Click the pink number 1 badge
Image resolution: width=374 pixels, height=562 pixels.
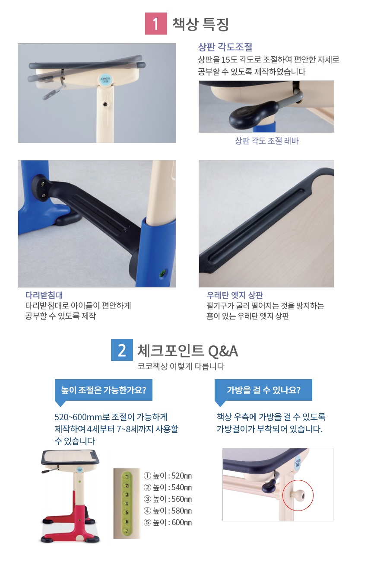click(156, 23)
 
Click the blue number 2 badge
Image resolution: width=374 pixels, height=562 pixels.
click(122, 350)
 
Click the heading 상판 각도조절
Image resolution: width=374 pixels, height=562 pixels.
click(225, 47)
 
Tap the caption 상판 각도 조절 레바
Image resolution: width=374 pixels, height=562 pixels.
click(267, 141)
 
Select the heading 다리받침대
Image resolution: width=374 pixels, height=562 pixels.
click(44, 295)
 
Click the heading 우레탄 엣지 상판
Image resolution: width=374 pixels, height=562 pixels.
click(235, 295)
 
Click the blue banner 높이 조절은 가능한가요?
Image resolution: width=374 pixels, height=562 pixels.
click(104, 390)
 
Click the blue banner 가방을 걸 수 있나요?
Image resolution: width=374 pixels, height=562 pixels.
click(263, 390)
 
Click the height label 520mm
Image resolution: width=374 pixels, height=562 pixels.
click(168, 476)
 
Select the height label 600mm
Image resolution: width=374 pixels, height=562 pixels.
click(168, 522)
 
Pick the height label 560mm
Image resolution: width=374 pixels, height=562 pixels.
click(168, 499)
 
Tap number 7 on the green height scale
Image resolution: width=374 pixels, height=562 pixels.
click(127, 531)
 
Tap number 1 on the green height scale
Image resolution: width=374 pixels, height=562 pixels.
click(127, 476)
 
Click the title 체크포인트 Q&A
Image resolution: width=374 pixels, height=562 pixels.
click(187, 350)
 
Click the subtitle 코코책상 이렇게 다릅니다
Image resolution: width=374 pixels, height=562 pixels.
click(181, 366)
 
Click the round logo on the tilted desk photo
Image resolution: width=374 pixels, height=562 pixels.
click(105, 80)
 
